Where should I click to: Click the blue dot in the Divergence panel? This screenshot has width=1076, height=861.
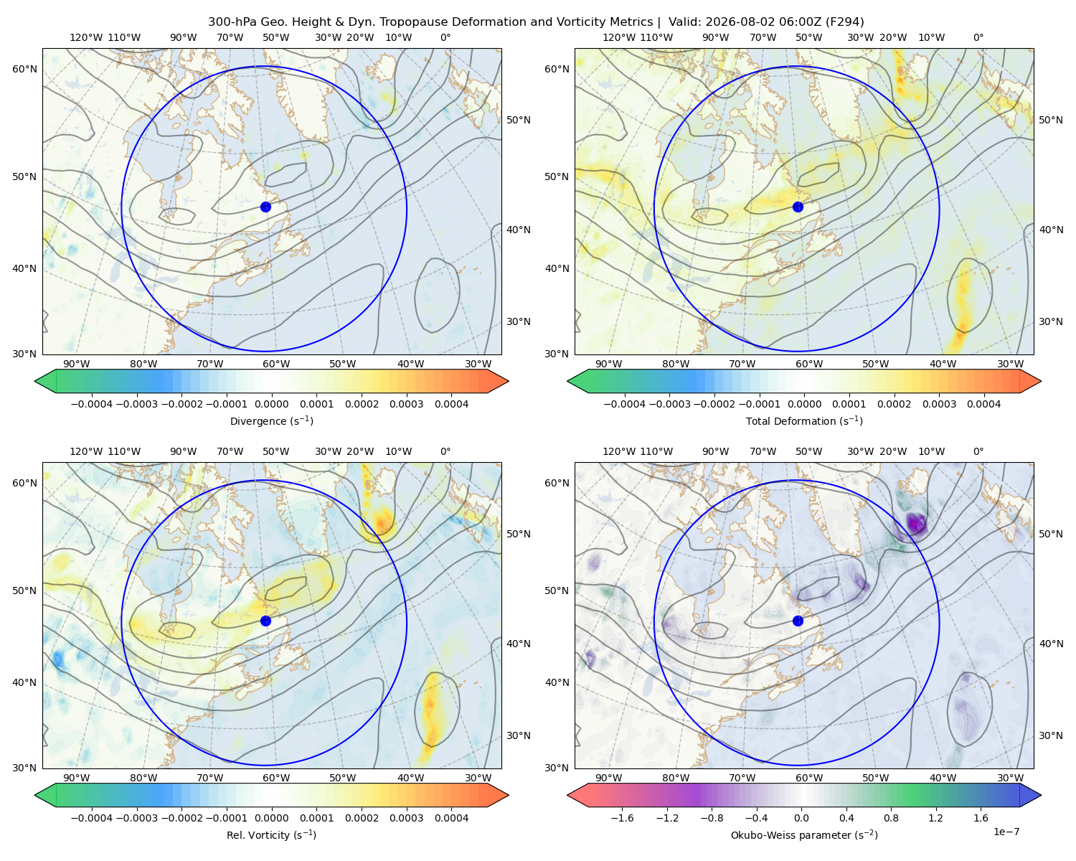265,207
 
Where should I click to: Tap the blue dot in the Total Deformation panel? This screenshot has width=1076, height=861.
798,207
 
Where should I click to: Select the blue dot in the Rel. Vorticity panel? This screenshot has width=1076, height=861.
265,621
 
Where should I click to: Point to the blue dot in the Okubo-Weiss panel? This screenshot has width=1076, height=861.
798,621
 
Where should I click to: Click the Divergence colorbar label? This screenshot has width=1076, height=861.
271,420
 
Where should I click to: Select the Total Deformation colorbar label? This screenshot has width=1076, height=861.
804,420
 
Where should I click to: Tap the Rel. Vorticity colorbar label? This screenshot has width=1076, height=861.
271,834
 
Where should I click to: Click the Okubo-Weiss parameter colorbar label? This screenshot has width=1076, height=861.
804,834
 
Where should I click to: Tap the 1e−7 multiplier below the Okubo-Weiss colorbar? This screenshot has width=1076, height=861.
1006,832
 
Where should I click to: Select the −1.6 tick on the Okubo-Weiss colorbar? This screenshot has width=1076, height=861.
623,817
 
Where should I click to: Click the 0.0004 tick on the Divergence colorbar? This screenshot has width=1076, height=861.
451,404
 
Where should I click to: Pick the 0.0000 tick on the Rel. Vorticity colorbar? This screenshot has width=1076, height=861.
271,817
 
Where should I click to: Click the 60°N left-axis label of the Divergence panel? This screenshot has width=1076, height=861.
24,69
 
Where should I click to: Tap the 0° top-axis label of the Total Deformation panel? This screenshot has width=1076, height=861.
978,37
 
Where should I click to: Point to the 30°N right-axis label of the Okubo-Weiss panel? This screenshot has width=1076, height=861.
1050,735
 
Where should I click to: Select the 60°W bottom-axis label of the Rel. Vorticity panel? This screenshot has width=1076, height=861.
276,778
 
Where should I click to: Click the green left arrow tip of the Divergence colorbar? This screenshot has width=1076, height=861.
35,381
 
